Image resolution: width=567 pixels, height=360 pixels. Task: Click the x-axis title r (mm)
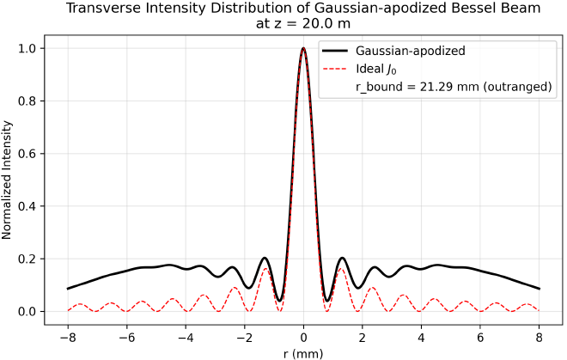[x=303, y=351]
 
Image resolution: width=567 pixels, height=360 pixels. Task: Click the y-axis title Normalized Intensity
[x=11, y=180]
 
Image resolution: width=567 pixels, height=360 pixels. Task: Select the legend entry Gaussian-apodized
[x=410, y=51]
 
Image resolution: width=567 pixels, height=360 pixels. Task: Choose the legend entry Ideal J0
[x=374, y=69]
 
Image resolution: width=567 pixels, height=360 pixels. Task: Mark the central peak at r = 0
[x=303, y=49]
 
